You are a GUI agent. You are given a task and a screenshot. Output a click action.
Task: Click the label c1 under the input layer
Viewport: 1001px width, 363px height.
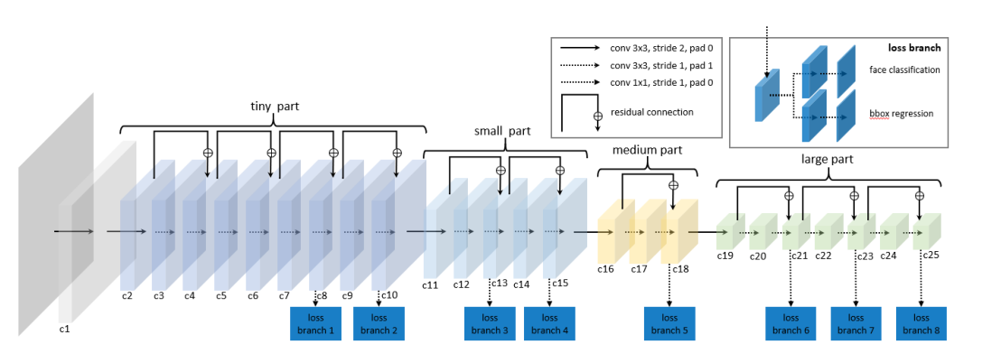(x=64, y=330)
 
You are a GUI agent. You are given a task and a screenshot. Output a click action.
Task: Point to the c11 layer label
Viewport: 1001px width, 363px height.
(x=430, y=285)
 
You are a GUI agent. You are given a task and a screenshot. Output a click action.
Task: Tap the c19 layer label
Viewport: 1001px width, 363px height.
(x=725, y=256)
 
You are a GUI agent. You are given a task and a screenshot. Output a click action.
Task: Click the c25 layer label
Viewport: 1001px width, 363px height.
(x=931, y=256)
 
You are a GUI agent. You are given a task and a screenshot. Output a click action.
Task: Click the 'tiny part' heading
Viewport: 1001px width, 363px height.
(x=276, y=107)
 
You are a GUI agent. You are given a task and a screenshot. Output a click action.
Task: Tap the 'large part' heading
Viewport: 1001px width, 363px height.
(x=827, y=160)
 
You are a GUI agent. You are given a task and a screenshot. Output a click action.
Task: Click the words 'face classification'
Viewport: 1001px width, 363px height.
(x=903, y=70)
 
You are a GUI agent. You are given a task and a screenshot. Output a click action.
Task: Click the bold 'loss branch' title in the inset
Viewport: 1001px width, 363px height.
(x=914, y=47)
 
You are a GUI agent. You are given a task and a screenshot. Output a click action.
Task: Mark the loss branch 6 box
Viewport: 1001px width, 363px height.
(x=791, y=324)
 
